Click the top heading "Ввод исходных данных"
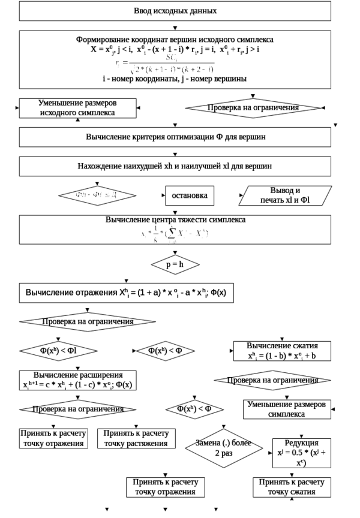point(174,11)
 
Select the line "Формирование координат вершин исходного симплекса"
point(174,39)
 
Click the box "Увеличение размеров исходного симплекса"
point(77,107)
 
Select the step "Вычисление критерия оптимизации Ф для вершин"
point(174,137)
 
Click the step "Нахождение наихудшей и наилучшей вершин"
point(174,166)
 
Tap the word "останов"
point(190,196)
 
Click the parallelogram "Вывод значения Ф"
point(285,195)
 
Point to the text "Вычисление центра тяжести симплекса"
point(174,220)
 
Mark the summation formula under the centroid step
point(174,235)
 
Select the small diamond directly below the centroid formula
point(174,263)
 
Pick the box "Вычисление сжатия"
point(282,351)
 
